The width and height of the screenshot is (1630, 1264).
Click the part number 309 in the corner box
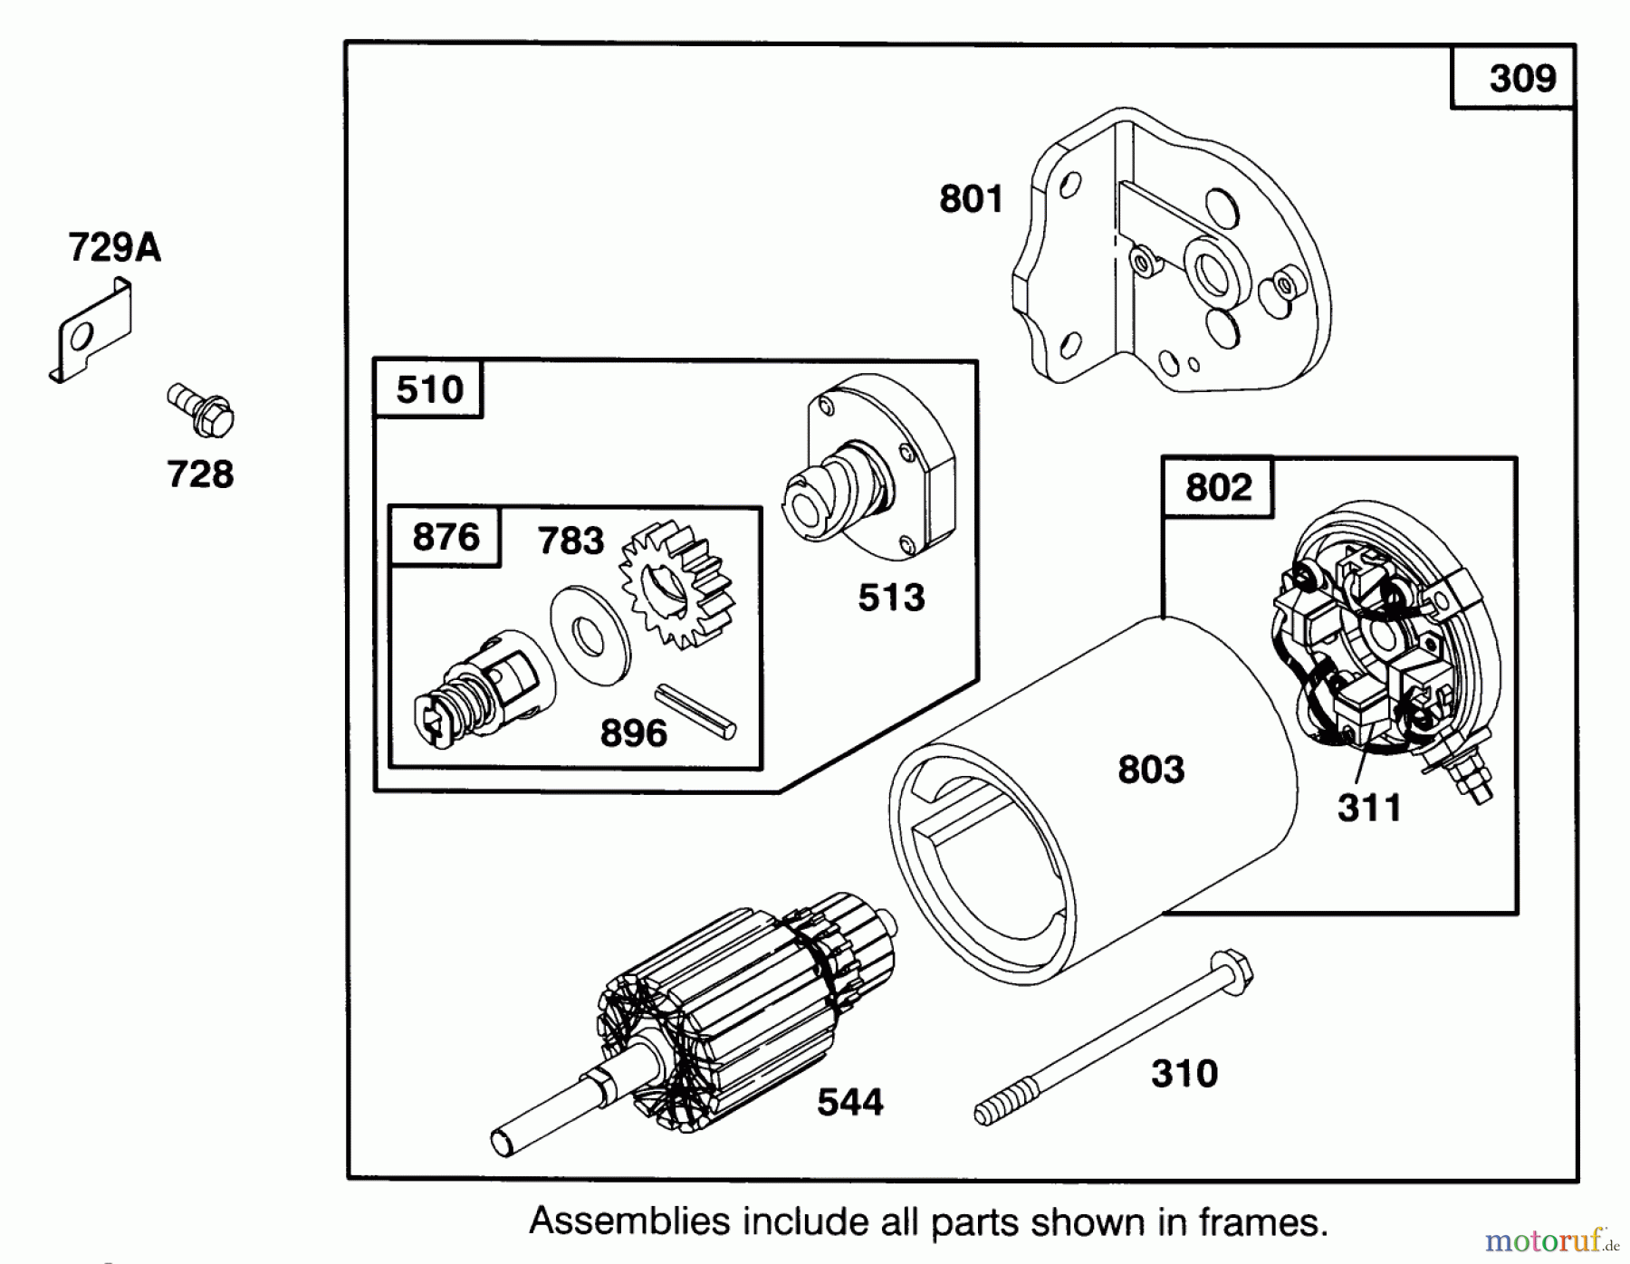click(x=1522, y=79)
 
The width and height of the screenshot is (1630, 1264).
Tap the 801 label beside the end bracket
click(x=971, y=198)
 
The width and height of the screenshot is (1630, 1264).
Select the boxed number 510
click(x=429, y=390)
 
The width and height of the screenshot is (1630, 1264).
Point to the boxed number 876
click(x=445, y=537)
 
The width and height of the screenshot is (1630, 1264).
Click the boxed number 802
click(x=1218, y=487)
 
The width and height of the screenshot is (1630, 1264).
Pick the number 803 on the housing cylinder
click(x=1150, y=770)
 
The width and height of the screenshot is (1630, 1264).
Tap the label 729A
click(x=114, y=247)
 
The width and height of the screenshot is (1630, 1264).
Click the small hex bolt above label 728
click(x=201, y=410)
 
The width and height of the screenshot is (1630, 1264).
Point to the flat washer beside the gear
click(x=590, y=636)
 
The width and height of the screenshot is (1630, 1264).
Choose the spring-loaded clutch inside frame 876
click(x=480, y=693)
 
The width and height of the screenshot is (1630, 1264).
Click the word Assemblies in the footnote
click(x=629, y=1222)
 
